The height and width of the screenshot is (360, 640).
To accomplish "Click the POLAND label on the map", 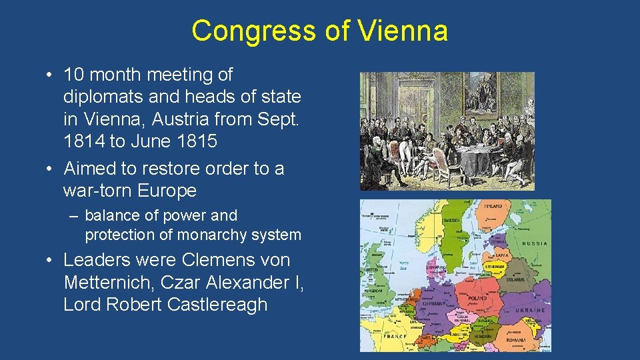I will coord(477,297).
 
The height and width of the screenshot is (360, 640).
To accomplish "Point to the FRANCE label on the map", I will coord(394,337).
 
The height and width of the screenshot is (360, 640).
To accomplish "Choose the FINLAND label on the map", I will coord(493,206).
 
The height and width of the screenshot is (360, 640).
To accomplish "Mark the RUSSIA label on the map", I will coord(535,244).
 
